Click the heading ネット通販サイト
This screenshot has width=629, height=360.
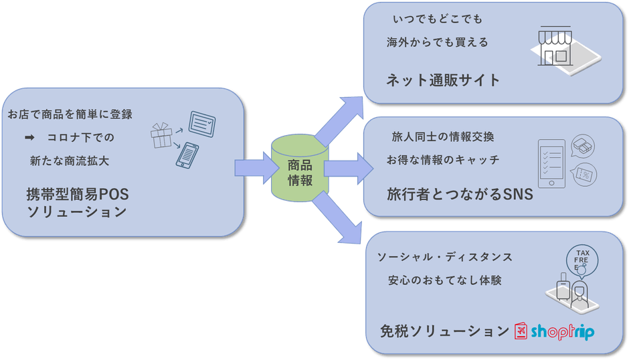click(x=443, y=81)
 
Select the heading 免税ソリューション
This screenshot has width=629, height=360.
click(x=445, y=331)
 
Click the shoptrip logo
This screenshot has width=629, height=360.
click(x=553, y=331)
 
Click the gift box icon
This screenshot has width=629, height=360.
click(x=161, y=136)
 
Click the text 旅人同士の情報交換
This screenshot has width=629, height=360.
click(x=443, y=137)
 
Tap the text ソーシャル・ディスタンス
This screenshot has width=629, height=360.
click(x=445, y=257)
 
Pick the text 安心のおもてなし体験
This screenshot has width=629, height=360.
click(x=445, y=280)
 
